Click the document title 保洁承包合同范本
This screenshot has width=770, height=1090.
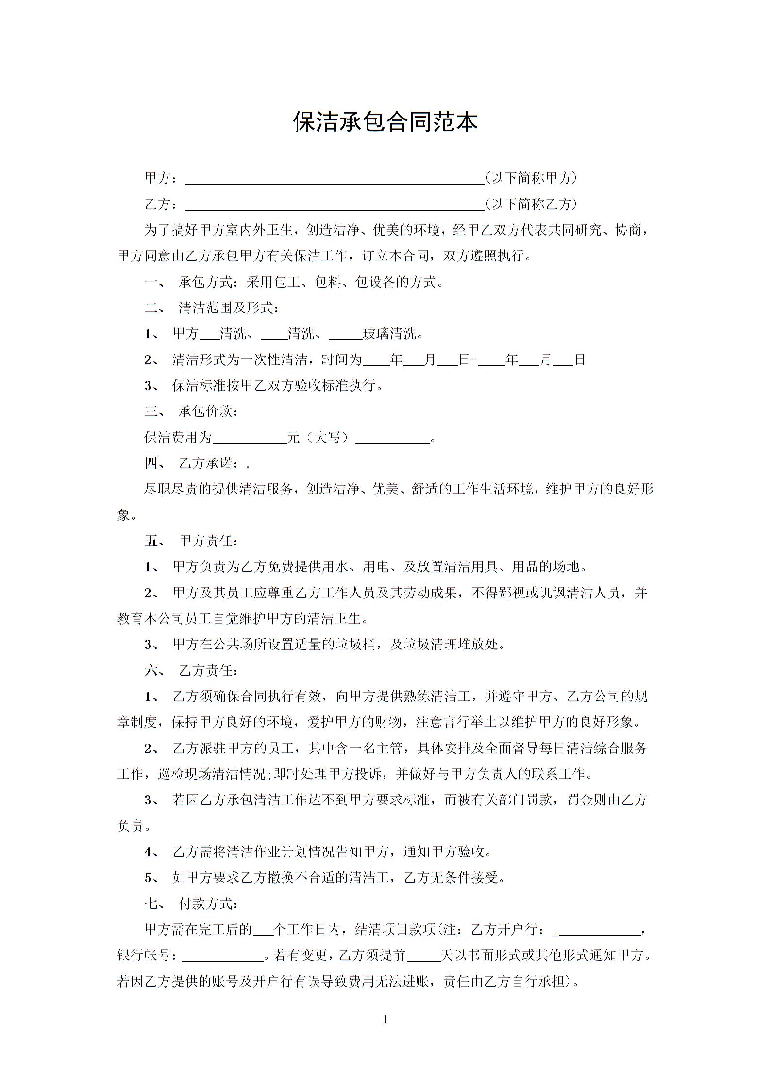(385, 122)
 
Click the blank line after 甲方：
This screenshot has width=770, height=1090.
(335, 180)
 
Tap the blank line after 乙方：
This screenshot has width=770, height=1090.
(335, 206)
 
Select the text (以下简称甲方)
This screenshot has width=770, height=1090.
(531, 178)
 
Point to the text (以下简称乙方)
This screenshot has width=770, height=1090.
(531, 204)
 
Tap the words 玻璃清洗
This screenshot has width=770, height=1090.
(389, 334)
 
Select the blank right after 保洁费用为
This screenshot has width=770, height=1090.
(250, 439)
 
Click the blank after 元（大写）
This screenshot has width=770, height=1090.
(393, 439)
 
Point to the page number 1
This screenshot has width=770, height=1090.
(385, 1020)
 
